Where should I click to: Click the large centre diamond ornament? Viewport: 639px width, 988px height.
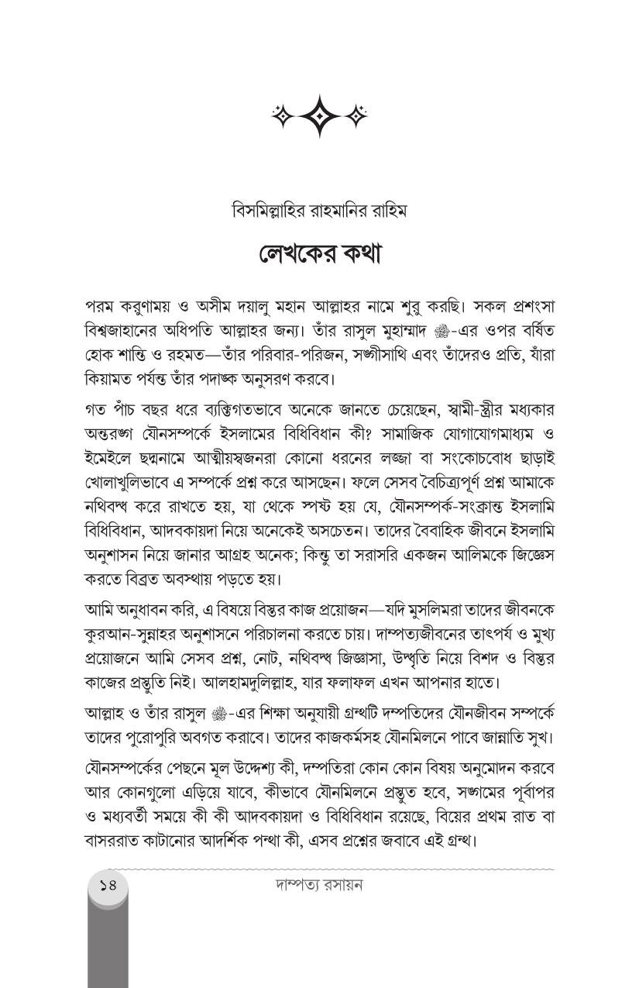click(319, 116)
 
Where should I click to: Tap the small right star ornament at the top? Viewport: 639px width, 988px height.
click(356, 116)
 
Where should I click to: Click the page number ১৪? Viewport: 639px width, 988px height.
click(107, 883)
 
